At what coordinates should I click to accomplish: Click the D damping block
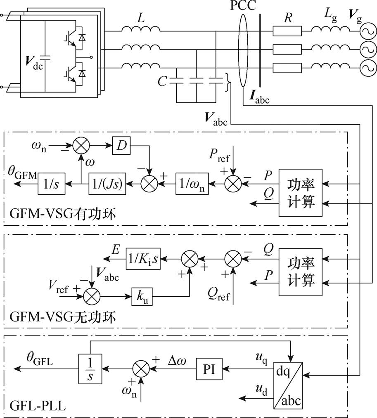coord(121,146)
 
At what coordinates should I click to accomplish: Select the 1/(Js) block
coord(107,184)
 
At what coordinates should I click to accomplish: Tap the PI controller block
coord(209,369)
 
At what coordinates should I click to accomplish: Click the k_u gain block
coord(142,296)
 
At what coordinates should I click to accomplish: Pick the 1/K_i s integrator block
coord(143,258)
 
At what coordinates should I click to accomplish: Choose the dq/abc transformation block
coord(288,385)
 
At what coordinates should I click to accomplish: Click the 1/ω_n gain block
coord(192,184)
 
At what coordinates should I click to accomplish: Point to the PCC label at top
coord(243,5)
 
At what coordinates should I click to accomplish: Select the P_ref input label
coord(219,156)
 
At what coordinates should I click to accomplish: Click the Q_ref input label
coord(218,295)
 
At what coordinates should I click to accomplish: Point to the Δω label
coord(177,361)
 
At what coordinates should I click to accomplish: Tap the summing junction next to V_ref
coord(92,296)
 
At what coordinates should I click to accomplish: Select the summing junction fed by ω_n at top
coord(81,146)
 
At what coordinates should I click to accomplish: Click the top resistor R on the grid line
coord(287,31)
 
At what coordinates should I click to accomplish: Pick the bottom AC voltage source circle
coord(368,68)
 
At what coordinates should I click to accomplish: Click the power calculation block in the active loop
coord(301,192)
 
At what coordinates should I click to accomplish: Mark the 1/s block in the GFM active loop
coord(51,184)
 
